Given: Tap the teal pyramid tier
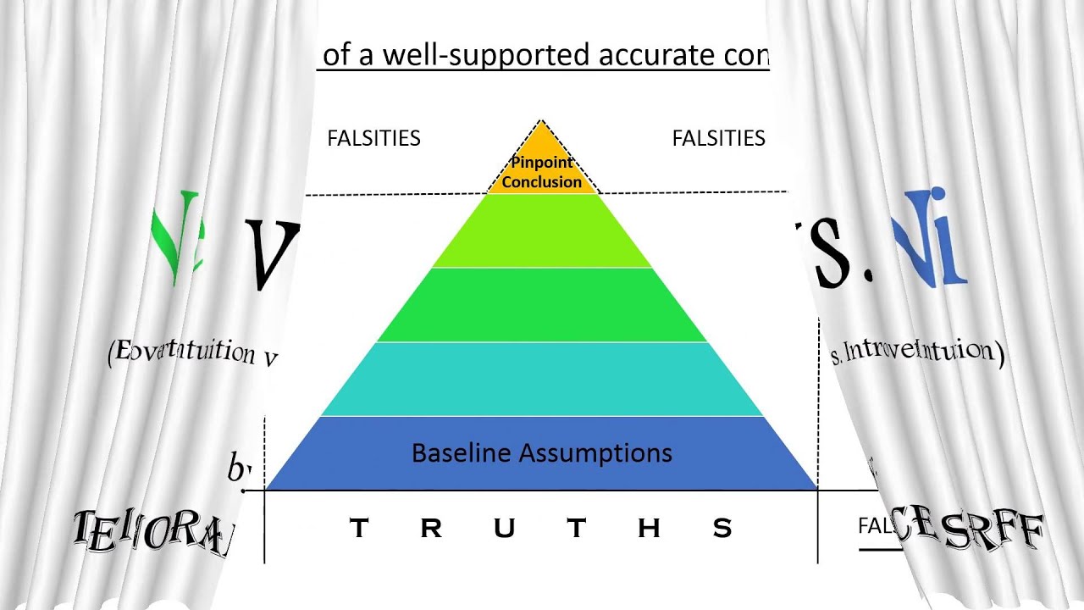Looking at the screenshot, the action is click(542, 379).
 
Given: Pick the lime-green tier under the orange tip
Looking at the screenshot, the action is click(542, 231).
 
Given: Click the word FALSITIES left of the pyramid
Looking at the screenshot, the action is click(373, 138).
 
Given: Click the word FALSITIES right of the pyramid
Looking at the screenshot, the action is click(718, 138).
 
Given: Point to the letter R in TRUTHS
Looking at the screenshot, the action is click(431, 529).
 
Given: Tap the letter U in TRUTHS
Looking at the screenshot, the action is click(504, 529).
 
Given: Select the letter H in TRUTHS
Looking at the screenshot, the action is click(649, 529).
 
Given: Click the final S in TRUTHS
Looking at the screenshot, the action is click(722, 529).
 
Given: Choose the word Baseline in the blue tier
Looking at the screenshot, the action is click(462, 453).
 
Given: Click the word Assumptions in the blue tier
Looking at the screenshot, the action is click(595, 453).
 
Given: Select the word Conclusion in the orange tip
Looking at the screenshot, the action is click(542, 181).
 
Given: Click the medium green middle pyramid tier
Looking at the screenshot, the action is click(542, 305).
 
